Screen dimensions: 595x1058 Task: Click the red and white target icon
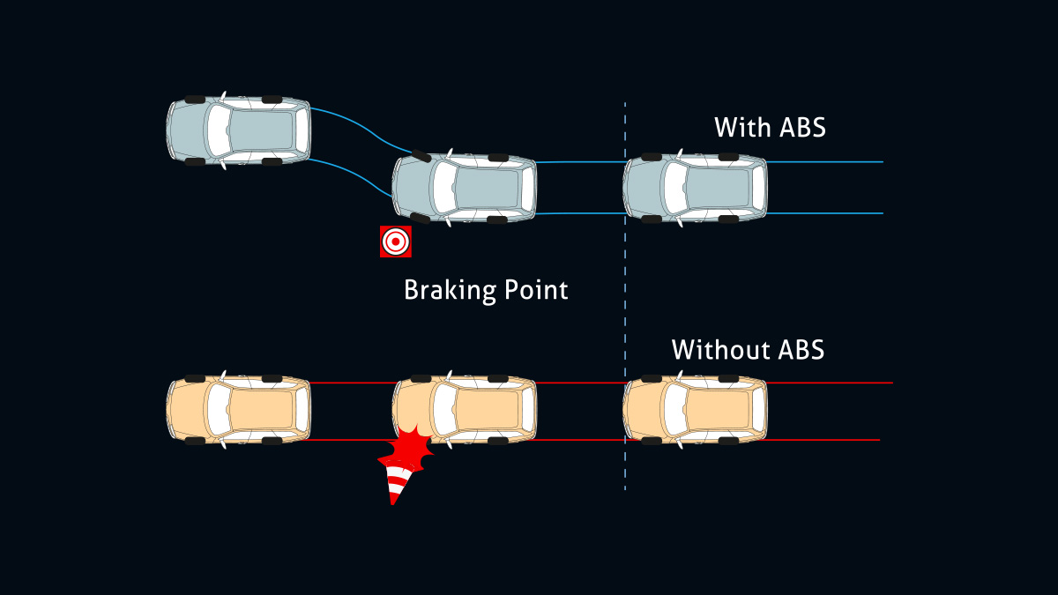(396, 242)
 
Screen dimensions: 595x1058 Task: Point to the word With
(742, 128)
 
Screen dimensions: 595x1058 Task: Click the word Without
(709, 350)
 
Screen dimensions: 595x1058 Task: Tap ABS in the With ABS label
(802, 128)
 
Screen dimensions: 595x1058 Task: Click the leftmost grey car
(238, 130)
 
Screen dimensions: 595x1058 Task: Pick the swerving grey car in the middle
(465, 188)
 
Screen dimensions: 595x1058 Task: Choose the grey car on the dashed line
(695, 188)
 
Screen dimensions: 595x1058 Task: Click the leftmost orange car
(238, 411)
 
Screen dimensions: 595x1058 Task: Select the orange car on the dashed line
(695, 411)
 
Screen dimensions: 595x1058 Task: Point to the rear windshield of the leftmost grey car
(218, 130)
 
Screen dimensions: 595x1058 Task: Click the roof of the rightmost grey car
(719, 188)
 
